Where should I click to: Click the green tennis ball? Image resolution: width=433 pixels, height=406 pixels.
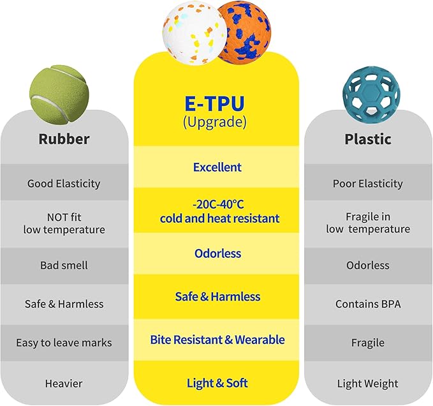pyautogui.click(x=59, y=94)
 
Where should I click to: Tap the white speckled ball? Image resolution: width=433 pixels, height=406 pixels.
pyautogui.click(x=195, y=33)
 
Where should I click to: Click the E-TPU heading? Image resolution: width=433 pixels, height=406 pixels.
pyautogui.click(x=214, y=103)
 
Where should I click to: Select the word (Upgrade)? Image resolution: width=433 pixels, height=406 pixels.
pyautogui.click(x=214, y=122)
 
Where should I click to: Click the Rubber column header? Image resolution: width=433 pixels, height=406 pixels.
pyautogui.click(x=64, y=139)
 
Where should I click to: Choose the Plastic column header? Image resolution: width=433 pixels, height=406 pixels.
pyautogui.click(x=368, y=139)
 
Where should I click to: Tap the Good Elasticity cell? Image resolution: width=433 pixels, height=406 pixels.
pyautogui.click(x=64, y=183)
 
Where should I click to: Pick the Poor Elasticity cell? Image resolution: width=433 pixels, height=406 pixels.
pyautogui.click(x=368, y=183)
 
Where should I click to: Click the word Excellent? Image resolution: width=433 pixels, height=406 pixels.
pyautogui.click(x=217, y=167)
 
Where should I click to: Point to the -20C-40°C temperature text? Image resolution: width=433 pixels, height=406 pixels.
pyautogui.click(x=218, y=204)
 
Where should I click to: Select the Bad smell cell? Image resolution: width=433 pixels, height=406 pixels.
pyautogui.click(x=64, y=266)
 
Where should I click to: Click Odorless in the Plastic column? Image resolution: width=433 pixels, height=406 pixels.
pyautogui.click(x=368, y=266)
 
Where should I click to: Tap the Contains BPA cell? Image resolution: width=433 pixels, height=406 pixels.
pyautogui.click(x=368, y=304)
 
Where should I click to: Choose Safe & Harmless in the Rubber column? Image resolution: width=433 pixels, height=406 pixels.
pyautogui.click(x=64, y=304)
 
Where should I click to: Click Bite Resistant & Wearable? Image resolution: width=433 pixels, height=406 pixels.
pyautogui.click(x=217, y=340)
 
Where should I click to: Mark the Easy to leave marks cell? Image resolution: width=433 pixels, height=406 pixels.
pyautogui.click(x=64, y=343)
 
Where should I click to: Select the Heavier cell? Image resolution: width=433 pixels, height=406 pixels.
pyautogui.click(x=64, y=384)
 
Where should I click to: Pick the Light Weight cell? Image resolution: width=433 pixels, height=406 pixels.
pyautogui.click(x=368, y=384)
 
